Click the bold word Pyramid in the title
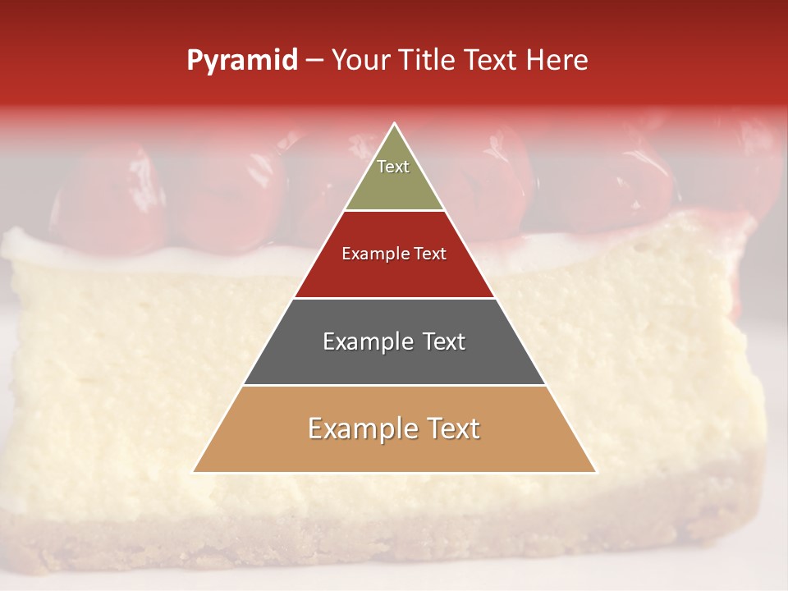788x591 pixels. coord(241,61)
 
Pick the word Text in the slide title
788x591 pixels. coord(493,61)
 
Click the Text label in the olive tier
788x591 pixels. coord(393,167)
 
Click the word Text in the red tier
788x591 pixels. coord(431,254)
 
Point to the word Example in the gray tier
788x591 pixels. coord(368,341)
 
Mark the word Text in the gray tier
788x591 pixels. coord(443,341)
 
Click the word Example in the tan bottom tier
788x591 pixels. coord(361,429)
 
